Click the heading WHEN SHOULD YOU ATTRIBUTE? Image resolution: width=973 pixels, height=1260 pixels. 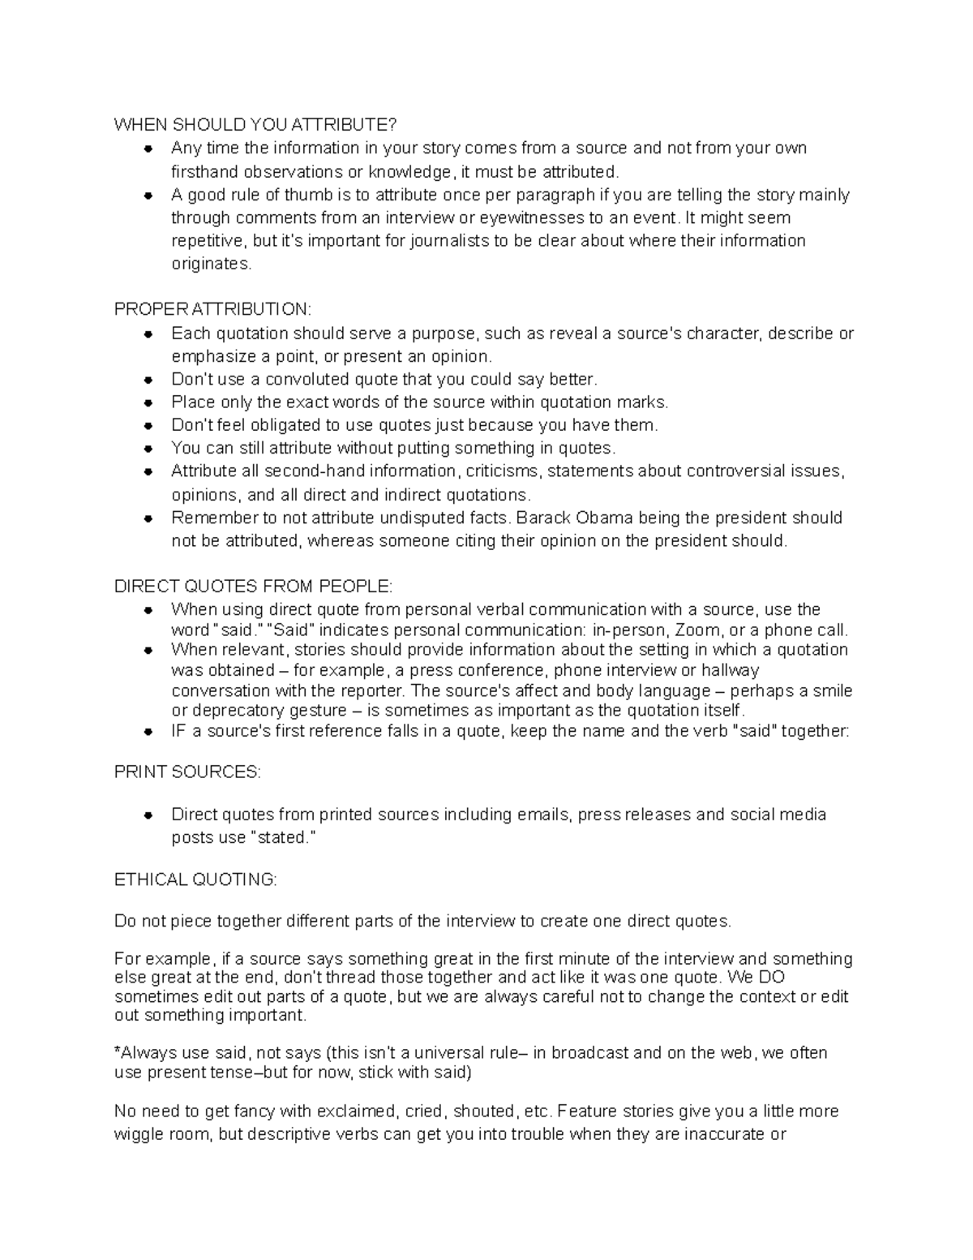tap(255, 125)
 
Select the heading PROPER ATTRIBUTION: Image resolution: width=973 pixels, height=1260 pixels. tap(212, 310)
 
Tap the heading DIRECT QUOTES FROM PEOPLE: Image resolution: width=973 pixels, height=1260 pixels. tap(253, 587)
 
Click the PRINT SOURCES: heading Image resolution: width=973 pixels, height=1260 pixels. tap(188, 772)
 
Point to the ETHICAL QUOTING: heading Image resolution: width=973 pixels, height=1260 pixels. tap(195, 879)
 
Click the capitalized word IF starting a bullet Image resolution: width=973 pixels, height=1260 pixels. tap(179, 731)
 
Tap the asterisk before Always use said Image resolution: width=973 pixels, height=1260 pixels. tap(117, 1052)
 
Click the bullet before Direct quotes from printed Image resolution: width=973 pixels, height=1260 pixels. tap(148, 815)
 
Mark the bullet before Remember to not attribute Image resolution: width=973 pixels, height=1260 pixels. tap(148, 518)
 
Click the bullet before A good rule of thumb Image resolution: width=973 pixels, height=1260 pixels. tap(148, 196)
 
